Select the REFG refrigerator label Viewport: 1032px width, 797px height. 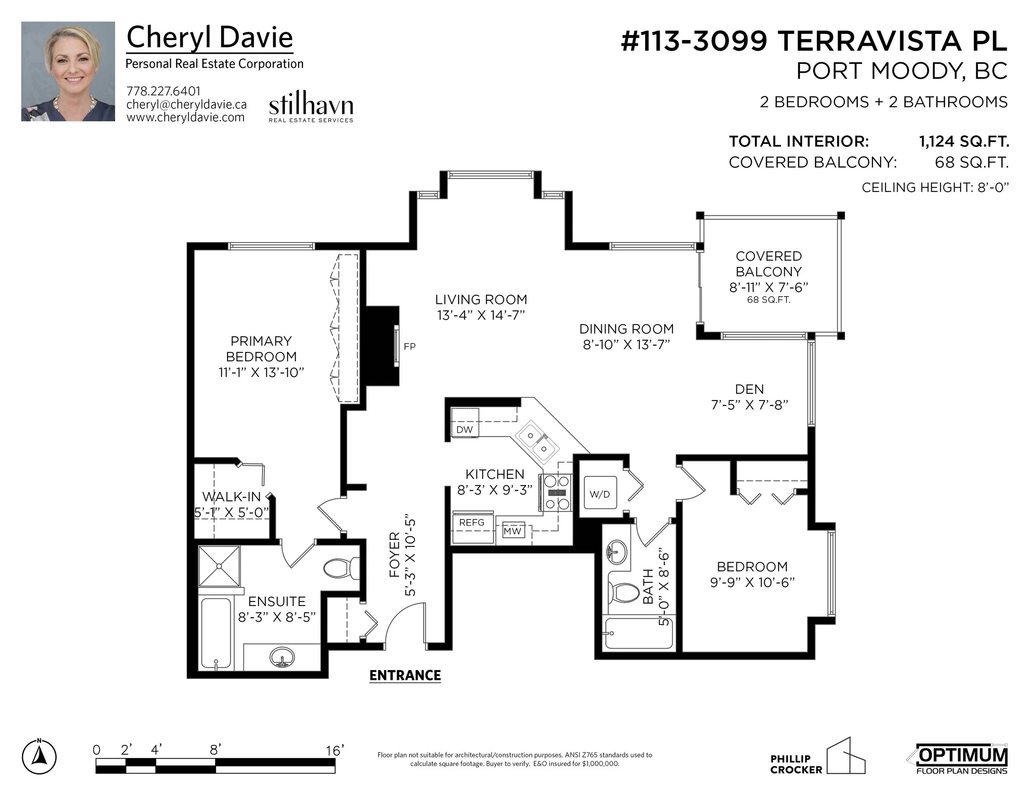tap(471, 522)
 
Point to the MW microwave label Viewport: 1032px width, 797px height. tap(512, 531)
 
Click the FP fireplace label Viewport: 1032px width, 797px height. tap(409, 347)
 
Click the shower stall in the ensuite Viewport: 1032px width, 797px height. tap(219, 566)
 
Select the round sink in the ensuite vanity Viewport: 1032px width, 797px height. tap(282, 657)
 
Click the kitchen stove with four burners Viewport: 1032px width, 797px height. tap(556, 493)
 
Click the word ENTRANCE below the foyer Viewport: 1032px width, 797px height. tap(405, 676)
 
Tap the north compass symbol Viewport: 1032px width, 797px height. tap(39, 757)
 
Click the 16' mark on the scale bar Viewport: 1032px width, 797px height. tap(335, 751)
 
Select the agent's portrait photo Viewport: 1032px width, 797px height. tap(68, 71)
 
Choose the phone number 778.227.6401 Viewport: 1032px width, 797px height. tap(163, 91)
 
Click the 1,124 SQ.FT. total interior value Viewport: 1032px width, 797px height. tap(964, 141)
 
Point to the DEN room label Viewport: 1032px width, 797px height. tap(749, 389)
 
